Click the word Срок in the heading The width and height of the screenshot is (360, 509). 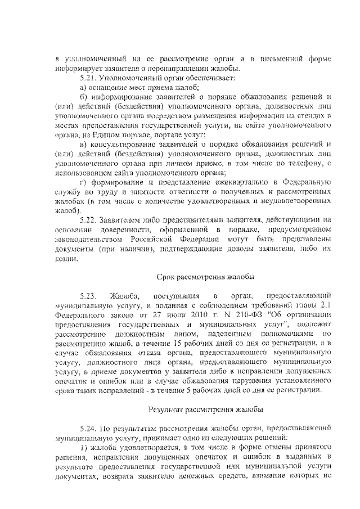pos(165,277)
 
